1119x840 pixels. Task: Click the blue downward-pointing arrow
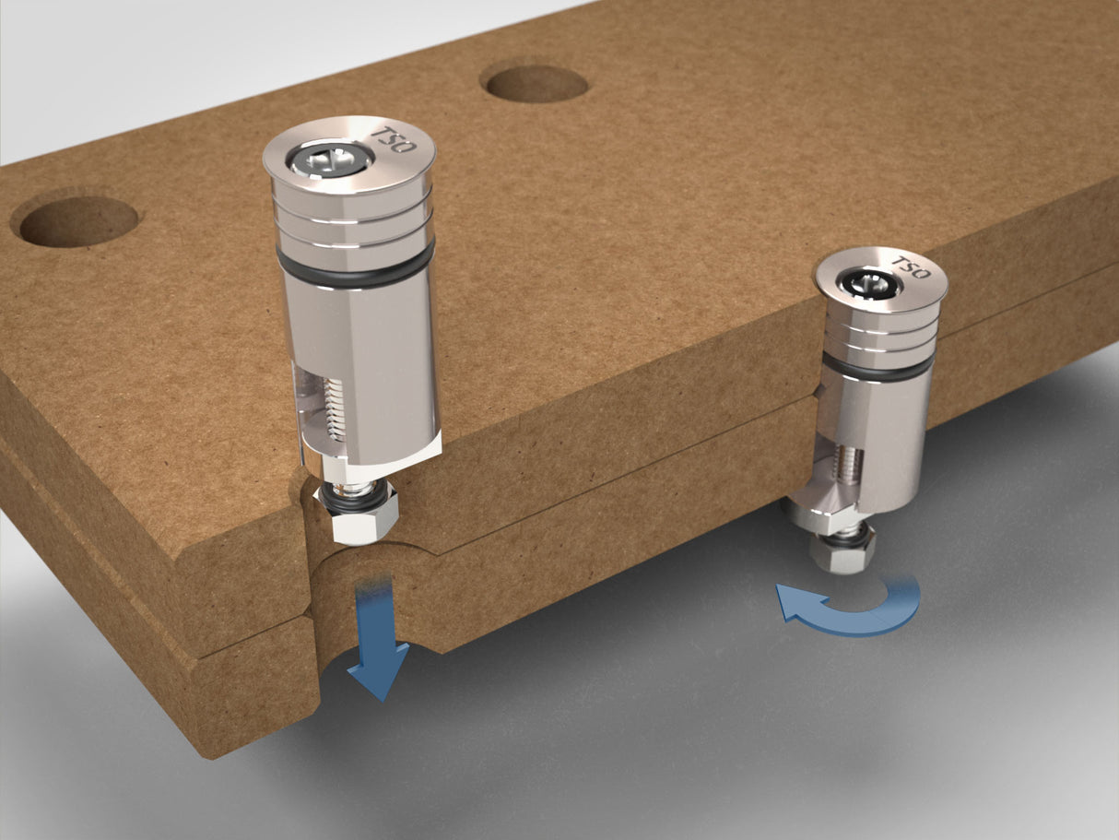tap(378, 645)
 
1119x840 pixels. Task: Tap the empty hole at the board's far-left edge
tap(78, 221)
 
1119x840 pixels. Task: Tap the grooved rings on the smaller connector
tap(878, 337)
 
